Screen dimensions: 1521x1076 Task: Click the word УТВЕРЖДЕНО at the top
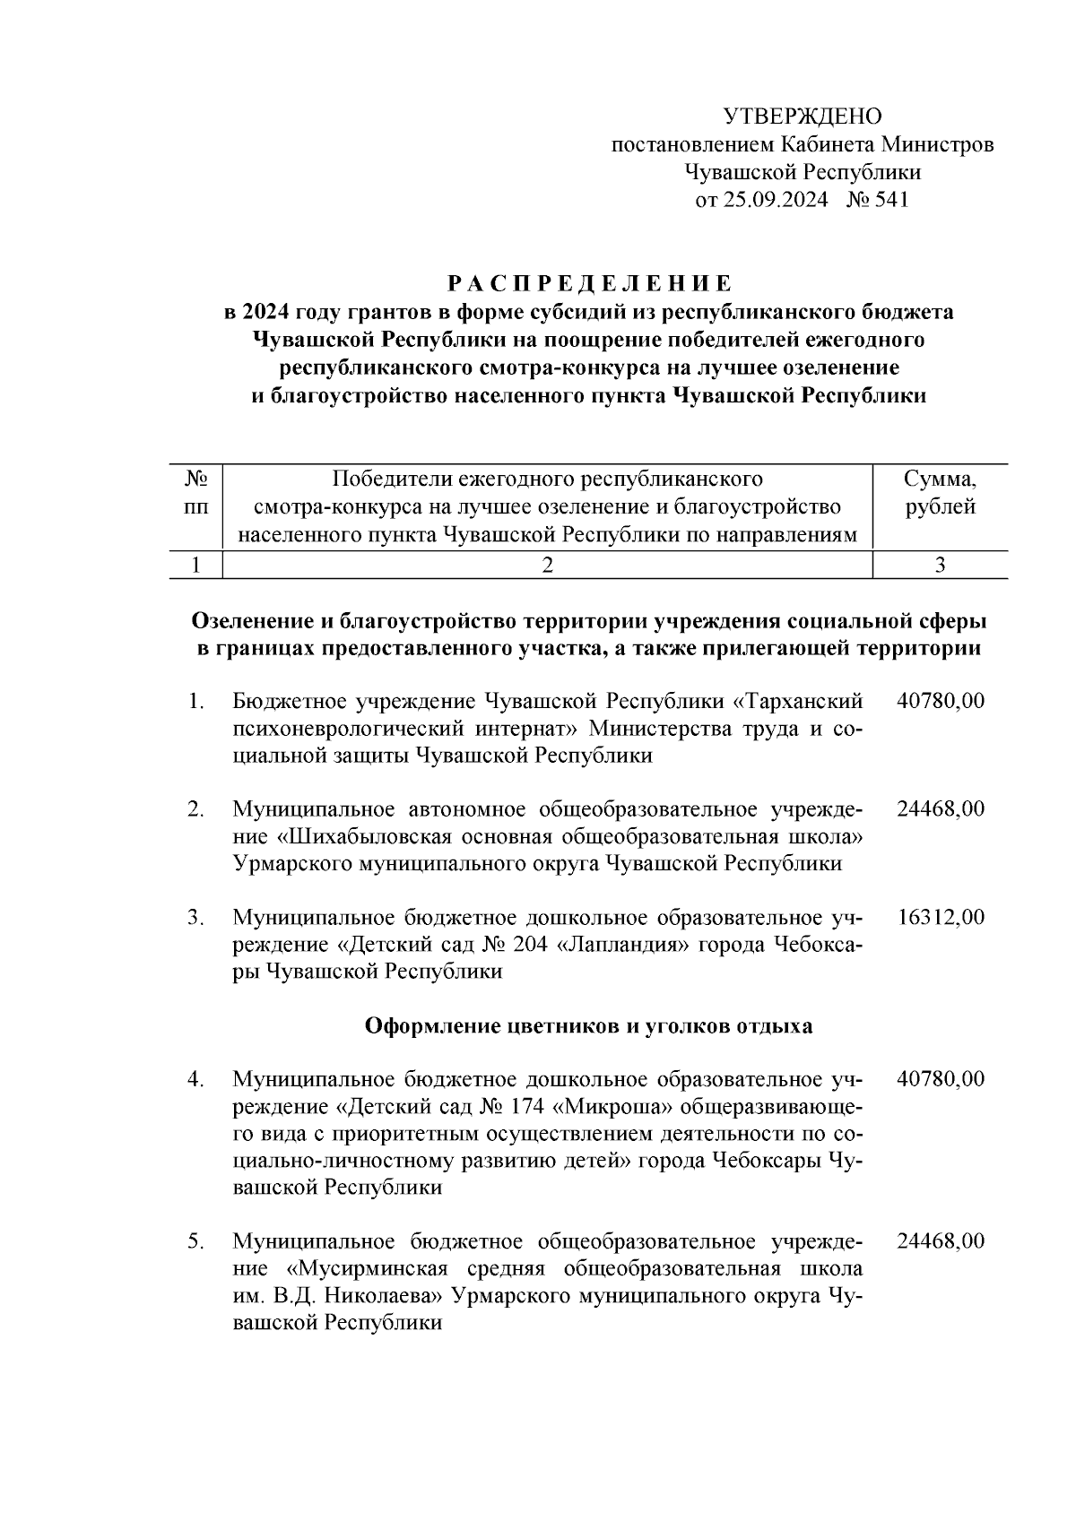[803, 117]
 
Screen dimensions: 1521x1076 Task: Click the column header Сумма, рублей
[940, 493]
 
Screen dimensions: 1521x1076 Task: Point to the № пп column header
[195, 493]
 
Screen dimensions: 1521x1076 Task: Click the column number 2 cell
[547, 565]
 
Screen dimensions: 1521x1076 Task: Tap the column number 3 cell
[940, 565]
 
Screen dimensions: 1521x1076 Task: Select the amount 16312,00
[940, 917]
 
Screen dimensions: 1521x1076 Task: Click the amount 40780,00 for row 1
[940, 700]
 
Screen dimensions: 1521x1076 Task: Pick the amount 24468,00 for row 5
[940, 1241]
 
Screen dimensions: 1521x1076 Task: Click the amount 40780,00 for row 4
[940, 1079]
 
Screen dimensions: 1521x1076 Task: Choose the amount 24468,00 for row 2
[940, 808]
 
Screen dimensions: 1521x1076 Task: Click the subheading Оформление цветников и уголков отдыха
[588, 1026]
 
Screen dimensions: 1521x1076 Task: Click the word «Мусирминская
[368, 1269]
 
